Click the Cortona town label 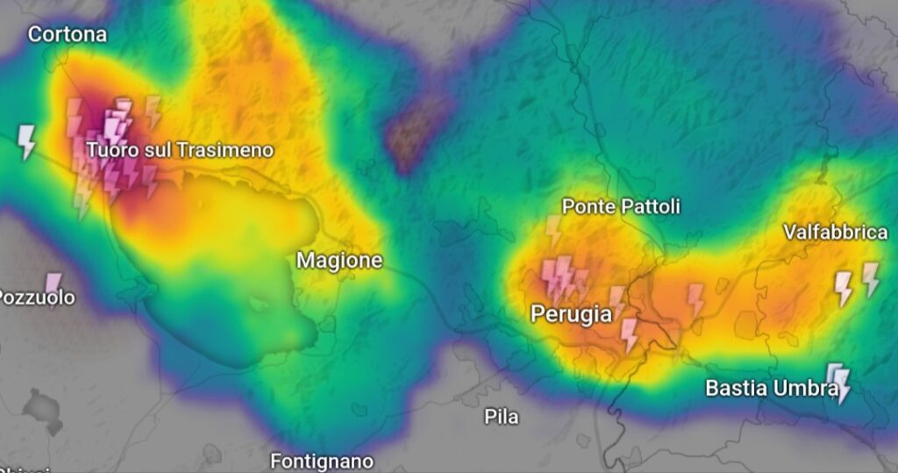tap(68, 34)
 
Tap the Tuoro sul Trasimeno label tap(180, 150)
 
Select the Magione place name tap(339, 260)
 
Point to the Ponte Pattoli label tap(621, 207)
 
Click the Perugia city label tap(571, 314)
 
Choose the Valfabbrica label tap(835, 232)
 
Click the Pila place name tap(502, 417)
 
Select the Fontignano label tap(321, 461)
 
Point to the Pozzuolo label tap(37, 297)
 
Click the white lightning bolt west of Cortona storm tap(27, 140)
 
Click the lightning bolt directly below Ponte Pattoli tap(553, 231)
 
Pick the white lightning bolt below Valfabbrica tap(843, 288)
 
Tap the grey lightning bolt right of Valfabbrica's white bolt tap(870, 279)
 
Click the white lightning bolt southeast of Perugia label tap(629, 334)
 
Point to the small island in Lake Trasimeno tap(260, 305)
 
